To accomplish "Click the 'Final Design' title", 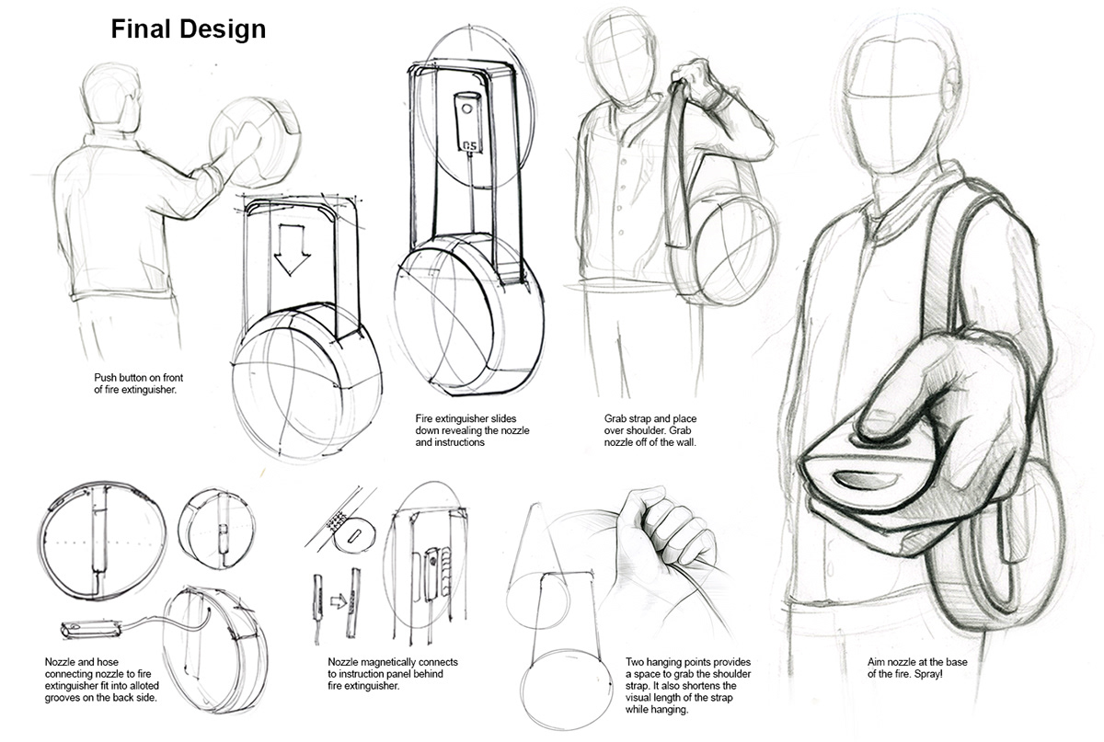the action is (189, 29).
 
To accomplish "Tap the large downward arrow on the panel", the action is (293, 249).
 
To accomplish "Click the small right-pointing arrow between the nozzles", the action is (338, 601).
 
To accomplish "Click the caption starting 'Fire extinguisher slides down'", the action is (474, 429).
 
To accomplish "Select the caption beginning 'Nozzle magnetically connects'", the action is (393, 674).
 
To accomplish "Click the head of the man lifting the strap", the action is (619, 60).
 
